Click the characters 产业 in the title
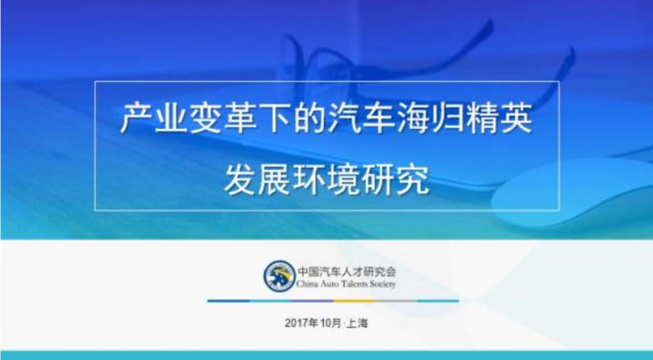point(154,118)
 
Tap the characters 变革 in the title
point(223,118)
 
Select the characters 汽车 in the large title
point(361,118)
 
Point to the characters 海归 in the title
point(430,118)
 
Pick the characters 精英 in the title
point(499,118)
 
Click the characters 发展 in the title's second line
point(257,180)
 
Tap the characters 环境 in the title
point(326,180)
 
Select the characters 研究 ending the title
point(395,180)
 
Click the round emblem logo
point(279,276)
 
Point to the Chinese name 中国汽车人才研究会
point(346,272)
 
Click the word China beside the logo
point(308,284)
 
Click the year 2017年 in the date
point(301,323)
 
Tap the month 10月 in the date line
point(331,323)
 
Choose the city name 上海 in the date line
point(358,323)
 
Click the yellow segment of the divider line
point(354,301)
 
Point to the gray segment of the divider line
point(396,301)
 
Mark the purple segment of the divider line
point(313,301)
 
